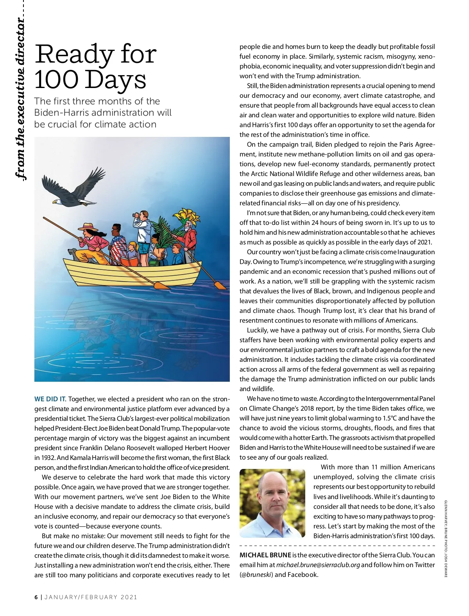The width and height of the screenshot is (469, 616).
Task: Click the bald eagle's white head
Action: point(57,202)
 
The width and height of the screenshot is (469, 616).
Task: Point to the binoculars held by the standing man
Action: point(137,215)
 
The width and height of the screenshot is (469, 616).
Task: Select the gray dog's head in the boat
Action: point(72,251)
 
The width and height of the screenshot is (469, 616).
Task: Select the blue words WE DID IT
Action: point(50,399)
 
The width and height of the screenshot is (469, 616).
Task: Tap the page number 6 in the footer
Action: point(36,597)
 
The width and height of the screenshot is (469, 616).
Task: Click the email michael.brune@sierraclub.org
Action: point(318,565)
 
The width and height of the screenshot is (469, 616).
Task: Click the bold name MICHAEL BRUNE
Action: point(265,555)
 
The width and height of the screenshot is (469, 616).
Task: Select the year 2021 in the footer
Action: point(129,597)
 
